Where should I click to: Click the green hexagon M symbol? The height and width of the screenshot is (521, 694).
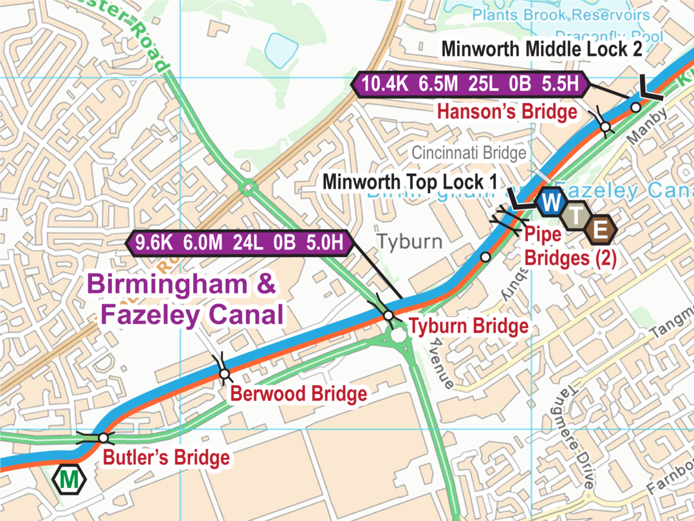[69, 479]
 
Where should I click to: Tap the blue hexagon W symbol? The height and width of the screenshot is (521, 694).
[551, 202]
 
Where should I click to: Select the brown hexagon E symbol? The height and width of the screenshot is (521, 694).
[600, 230]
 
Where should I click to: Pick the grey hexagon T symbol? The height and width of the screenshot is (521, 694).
[576, 216]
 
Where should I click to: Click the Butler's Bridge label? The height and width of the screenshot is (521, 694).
[166, 457]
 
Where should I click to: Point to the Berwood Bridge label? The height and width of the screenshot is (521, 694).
[298, 393]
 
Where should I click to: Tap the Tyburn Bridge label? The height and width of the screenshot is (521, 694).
[468, 326]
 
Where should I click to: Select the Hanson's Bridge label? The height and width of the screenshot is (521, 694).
[506, 112]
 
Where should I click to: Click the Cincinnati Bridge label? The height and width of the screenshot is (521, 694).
[469, 153]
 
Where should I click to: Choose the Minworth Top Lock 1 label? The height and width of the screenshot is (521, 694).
[409, 182]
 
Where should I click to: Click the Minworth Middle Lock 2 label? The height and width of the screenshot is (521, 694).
[541, 49]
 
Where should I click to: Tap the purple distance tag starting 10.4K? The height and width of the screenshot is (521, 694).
[470, 84]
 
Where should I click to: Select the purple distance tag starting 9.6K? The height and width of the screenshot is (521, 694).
[239, 243]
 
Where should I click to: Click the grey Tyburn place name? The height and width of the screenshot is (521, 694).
[410, 242]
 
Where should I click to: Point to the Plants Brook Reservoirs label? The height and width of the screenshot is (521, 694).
[560, 15]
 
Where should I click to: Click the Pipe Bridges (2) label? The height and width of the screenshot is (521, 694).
[569, 246]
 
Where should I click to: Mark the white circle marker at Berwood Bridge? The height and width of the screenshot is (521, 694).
[224, 374]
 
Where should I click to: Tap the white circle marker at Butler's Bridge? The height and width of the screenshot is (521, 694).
[103, 438]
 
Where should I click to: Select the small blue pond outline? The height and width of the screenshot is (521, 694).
[281, 49]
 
